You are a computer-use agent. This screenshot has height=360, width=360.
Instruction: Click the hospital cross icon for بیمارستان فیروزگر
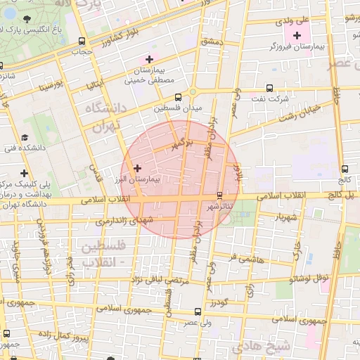coord(297,35)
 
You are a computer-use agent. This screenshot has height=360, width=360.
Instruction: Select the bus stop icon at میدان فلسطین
coord(177,98)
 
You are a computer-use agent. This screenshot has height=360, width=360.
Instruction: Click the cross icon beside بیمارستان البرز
coord(137,169)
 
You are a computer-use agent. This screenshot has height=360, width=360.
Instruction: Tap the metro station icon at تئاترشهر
coord(220,195)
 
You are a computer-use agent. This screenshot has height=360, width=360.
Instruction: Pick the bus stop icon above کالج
coord(345,169)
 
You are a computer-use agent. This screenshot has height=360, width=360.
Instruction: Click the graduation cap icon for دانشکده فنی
coord(25,137)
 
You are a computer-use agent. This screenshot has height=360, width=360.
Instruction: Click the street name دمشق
coord(210,41)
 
